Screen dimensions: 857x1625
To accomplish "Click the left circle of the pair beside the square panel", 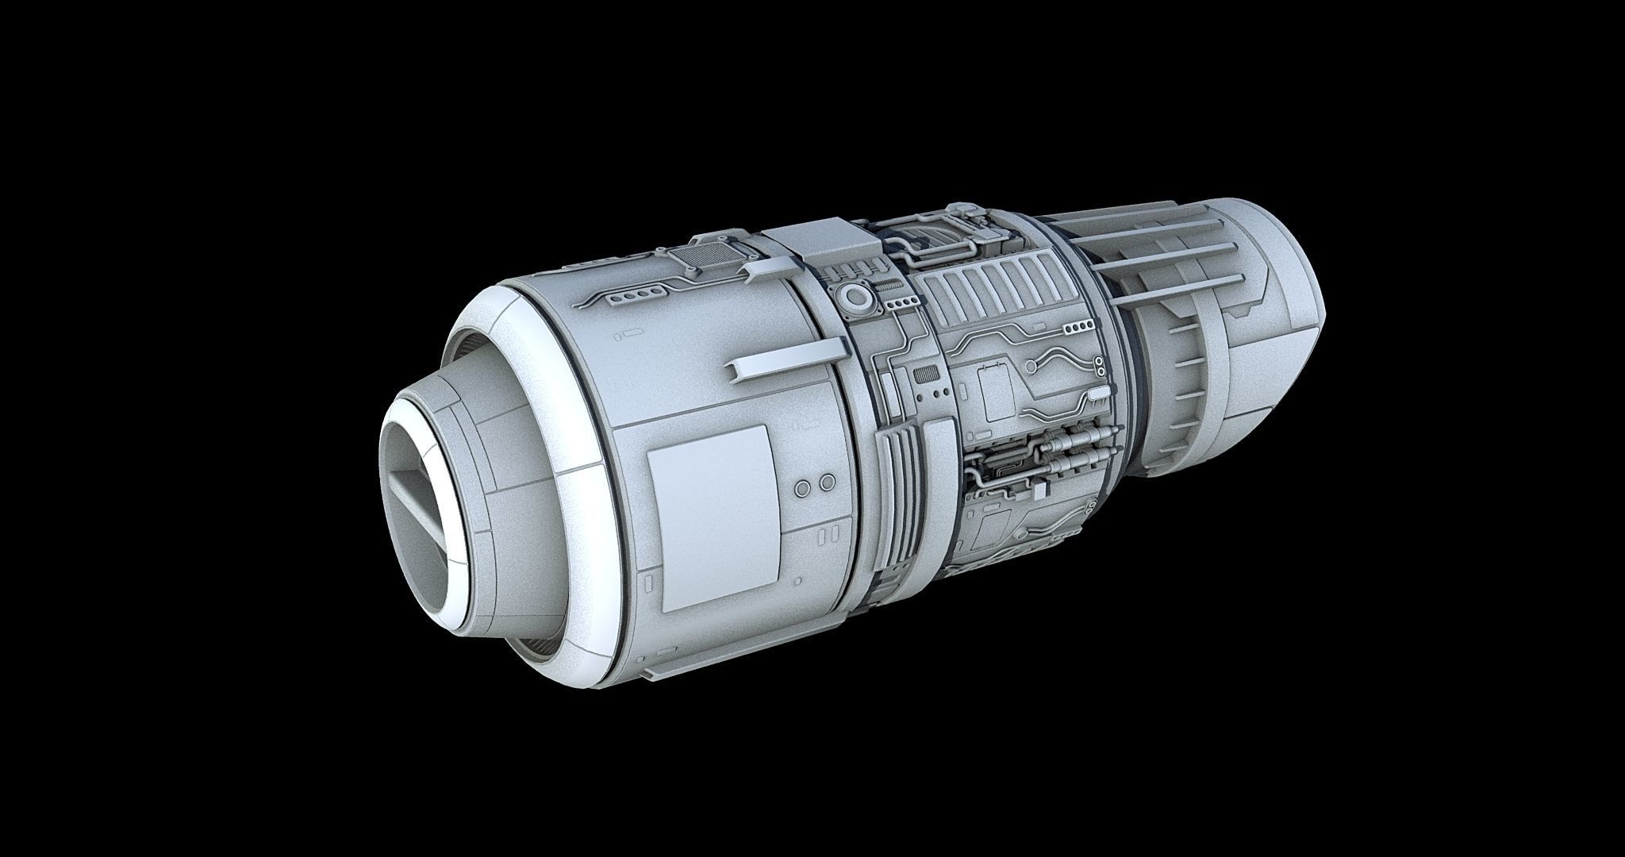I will tap(804, 485).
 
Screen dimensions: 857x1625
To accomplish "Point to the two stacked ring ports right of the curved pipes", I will tap(1101, 367).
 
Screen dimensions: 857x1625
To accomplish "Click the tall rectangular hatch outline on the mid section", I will tap(993, 394).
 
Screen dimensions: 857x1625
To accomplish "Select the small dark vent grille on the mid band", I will tap(924, 375).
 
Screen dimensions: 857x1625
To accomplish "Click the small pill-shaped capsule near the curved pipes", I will tap(1099, 394).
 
